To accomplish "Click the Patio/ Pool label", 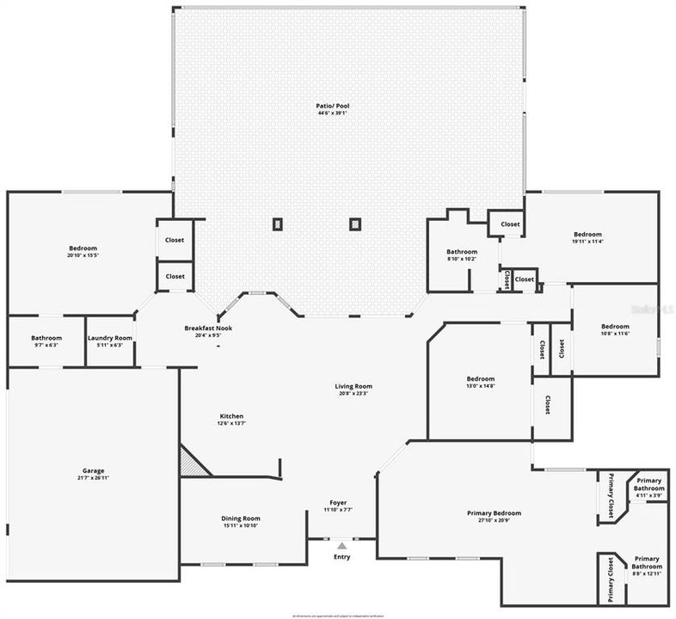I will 332,106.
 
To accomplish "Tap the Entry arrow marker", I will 341,545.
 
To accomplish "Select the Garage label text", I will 94,470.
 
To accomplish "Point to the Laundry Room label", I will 110,338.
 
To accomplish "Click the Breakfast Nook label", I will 208,328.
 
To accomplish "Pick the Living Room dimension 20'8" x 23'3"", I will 353,394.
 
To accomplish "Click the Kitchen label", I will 231,415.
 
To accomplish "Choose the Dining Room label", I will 241,518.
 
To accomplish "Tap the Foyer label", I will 338,503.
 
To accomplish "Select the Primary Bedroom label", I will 494,513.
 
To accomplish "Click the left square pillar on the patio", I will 277,224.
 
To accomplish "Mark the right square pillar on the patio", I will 353,224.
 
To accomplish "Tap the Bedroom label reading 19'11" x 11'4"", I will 587,234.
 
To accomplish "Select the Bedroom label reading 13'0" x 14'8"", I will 481,378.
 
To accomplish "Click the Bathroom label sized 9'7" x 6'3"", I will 46,338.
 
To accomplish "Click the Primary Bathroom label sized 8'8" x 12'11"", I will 648,562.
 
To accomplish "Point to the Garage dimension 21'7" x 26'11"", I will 94,478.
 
